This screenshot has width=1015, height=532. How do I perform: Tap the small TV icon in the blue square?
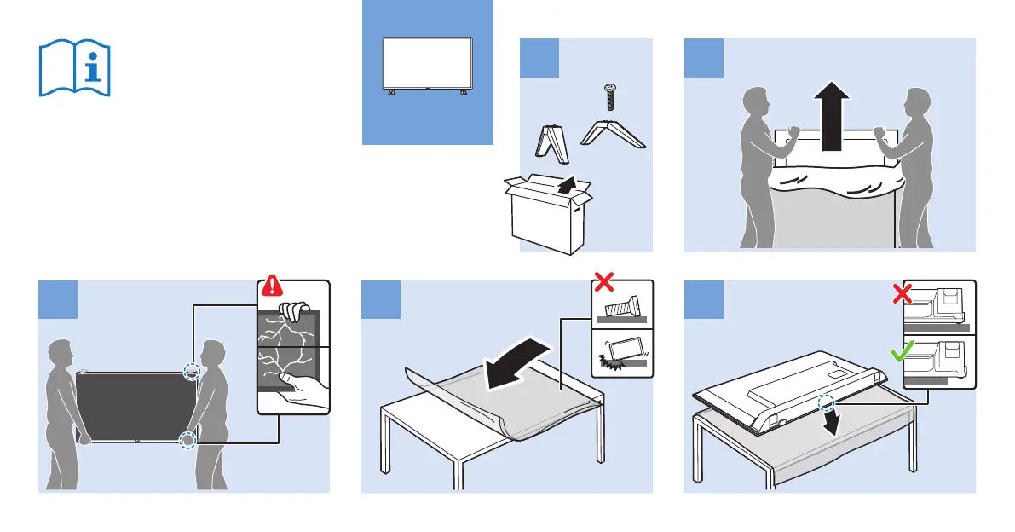click(428, 65)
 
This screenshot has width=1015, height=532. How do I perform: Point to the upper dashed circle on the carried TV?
click(193, 372)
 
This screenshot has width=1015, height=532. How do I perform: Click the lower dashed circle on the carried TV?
click(187, 441)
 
